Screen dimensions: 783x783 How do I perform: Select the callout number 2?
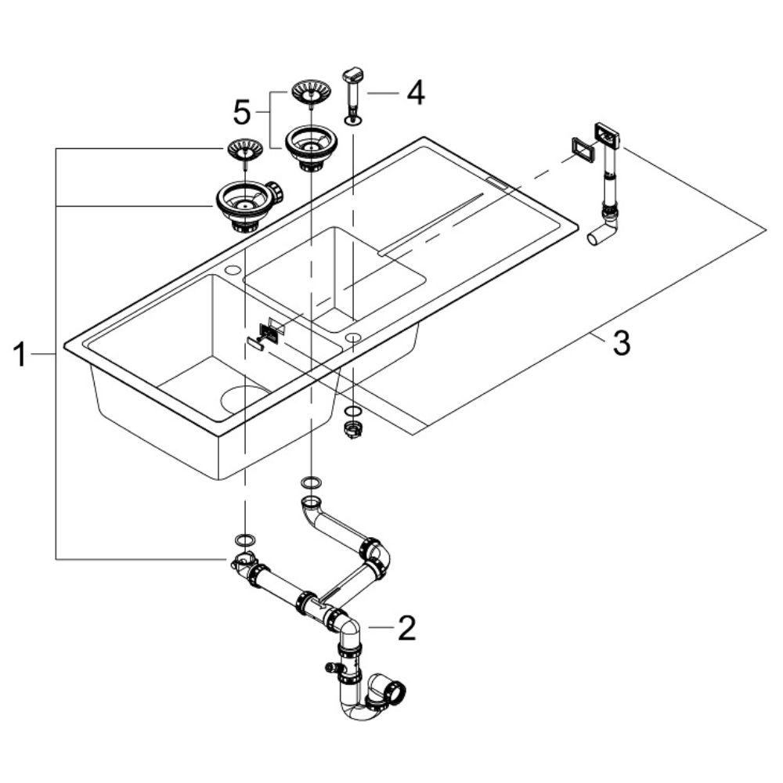406,628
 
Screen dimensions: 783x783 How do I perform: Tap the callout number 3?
620,343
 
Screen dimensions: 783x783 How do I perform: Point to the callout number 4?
414,93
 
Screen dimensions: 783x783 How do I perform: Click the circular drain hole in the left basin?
245,399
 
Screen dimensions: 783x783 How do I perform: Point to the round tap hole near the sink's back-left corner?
233,271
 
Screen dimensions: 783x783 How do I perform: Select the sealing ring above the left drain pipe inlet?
245,539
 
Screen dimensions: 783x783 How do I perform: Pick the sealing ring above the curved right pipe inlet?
311,481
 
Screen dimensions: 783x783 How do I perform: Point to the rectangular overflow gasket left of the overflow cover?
580,148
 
